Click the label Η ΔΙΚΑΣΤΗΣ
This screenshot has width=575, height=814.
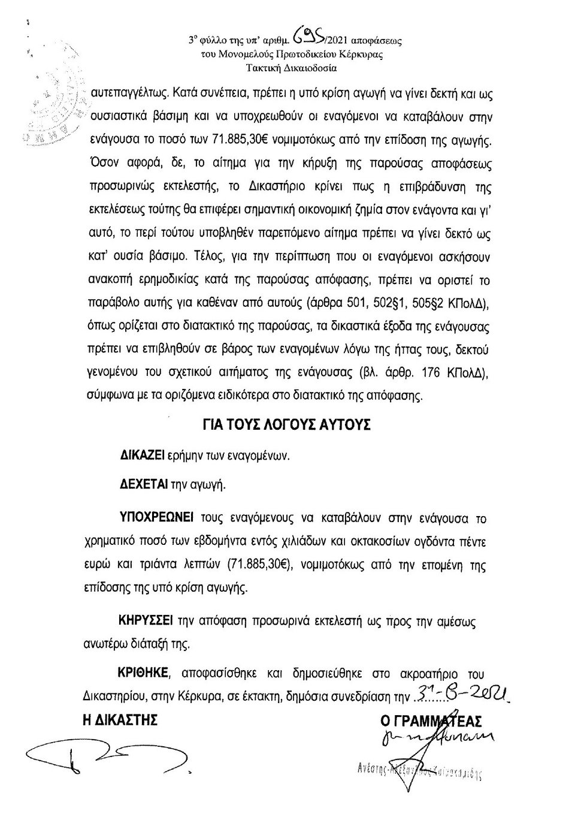(x=120, y=719)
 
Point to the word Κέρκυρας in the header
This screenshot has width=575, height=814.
(x=363, y=55)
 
